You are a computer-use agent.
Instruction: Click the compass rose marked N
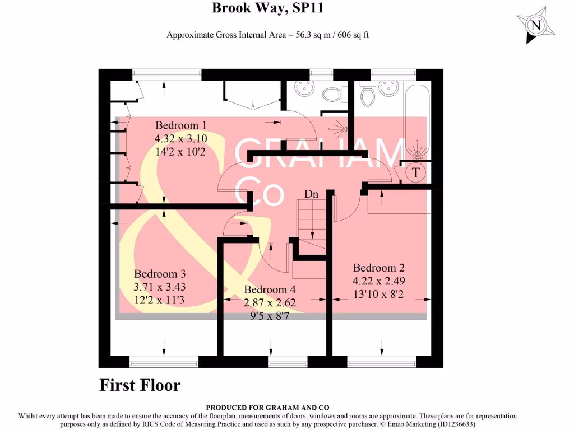(536, 25)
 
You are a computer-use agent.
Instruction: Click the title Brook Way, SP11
(267, 8)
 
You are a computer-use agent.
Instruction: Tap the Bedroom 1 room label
(181, 125)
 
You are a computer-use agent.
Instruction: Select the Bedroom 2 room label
(378, 268)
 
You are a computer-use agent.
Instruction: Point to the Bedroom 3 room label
(160, 274)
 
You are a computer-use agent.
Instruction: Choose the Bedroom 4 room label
(270, 289)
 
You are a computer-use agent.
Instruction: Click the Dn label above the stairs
(311, 194)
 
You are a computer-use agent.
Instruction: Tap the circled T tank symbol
(415, 173)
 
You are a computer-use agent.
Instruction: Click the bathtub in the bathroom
(417, 120)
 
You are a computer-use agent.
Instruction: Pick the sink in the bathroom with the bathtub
(388, 88)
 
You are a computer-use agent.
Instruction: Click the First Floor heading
(140, 385)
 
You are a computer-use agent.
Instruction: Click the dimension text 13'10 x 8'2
(378, 293)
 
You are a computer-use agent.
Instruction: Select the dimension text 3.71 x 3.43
(160, 287)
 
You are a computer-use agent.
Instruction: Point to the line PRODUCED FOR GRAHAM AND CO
(267, 408)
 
